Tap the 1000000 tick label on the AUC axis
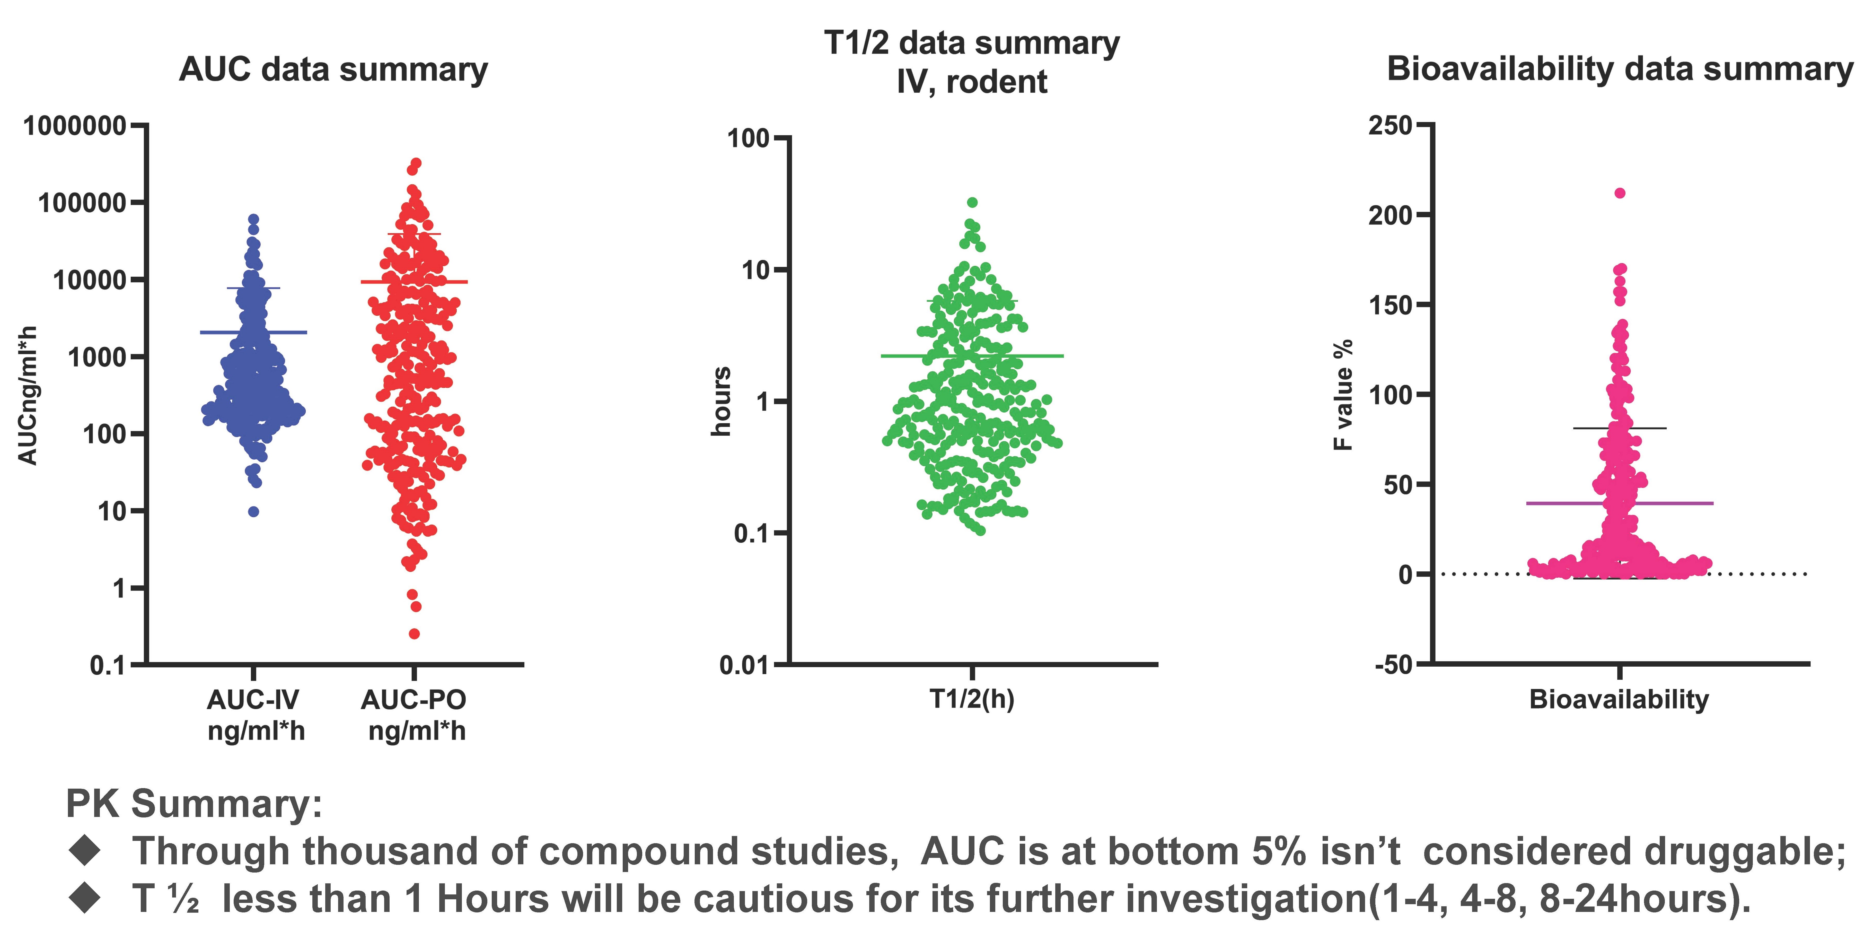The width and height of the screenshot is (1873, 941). (75, 127)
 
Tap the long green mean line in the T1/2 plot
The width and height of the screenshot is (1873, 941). (1032, 356)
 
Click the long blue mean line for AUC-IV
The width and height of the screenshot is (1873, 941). (291, 332)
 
